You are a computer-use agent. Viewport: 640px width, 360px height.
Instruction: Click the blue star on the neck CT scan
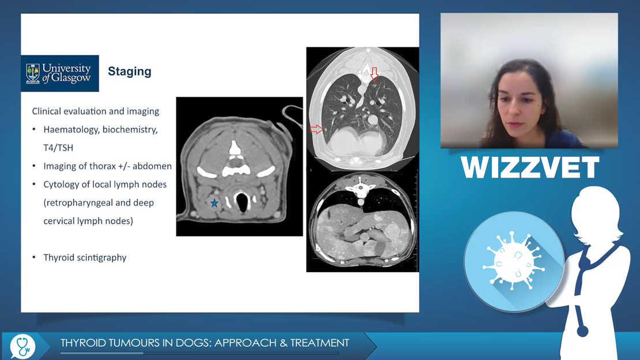click(x=214, y=203)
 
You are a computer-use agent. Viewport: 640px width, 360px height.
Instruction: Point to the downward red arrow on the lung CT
click(x=374, y=74)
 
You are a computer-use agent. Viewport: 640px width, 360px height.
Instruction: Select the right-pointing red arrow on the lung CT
click(x=317, y=130)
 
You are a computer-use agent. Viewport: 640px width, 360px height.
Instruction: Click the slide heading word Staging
click(x=129, y=72)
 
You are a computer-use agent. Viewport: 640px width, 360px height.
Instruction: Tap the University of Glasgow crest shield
click(x=33, y=73)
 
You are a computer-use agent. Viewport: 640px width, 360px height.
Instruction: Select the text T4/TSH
click(x=58, y=148)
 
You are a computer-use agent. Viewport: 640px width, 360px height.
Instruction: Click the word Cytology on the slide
click(x=61, y=185)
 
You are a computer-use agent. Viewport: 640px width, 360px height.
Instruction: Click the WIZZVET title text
click(x=530, y=167)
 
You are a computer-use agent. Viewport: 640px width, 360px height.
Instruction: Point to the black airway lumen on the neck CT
click(x=242, y=203)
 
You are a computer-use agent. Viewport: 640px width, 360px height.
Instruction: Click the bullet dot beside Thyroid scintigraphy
click(x=34, y=257)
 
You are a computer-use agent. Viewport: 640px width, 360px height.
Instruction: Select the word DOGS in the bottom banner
click(x=195, y=343)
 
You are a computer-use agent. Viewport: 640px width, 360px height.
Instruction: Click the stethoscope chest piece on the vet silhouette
click(x=582, y=331)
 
